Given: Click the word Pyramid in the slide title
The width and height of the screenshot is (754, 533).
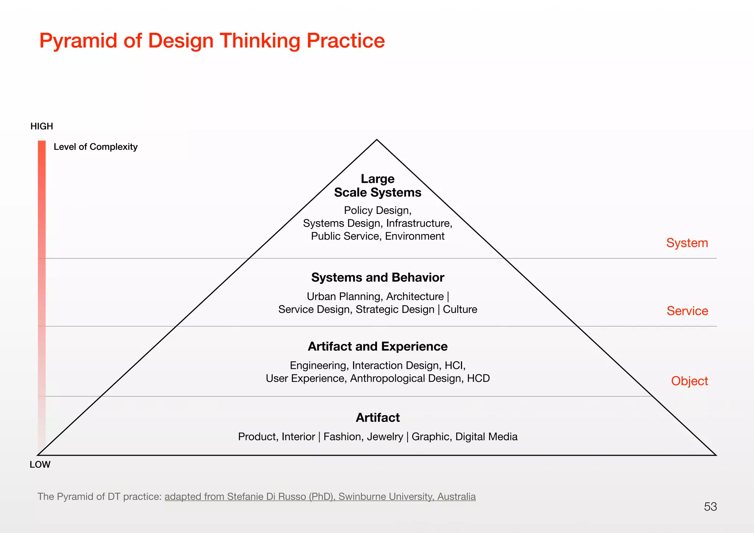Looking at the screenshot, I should click(79, 40).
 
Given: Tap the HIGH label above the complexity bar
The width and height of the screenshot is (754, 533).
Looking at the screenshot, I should click(42, 126).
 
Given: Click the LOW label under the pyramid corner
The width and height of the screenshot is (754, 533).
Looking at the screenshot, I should click(40, 465).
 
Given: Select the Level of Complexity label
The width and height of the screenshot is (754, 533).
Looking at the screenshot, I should click(95, 147).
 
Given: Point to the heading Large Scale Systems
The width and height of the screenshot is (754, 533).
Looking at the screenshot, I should click(377, 186).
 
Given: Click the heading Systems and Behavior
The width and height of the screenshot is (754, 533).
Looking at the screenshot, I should click(377, 278).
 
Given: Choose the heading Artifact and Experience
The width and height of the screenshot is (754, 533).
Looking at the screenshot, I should click(377, 346).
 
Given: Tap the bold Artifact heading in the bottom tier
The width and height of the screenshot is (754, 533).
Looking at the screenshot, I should click(377, 417).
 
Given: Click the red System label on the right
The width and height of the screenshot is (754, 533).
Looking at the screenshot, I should click(687, 243).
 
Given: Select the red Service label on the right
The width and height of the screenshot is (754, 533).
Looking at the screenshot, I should click(687, 311).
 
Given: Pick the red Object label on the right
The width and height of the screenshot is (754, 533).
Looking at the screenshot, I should click(689, 381).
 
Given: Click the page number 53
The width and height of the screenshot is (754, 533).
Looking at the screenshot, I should click(710, 507).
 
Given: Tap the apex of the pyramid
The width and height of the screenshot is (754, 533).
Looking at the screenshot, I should click(377, 140).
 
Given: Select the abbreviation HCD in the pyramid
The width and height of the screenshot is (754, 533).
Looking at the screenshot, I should click(478, 378).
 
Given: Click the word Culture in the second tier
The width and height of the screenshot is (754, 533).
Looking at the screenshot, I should click(460, 310).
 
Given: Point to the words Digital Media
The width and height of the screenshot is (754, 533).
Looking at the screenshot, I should click(486, 437).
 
